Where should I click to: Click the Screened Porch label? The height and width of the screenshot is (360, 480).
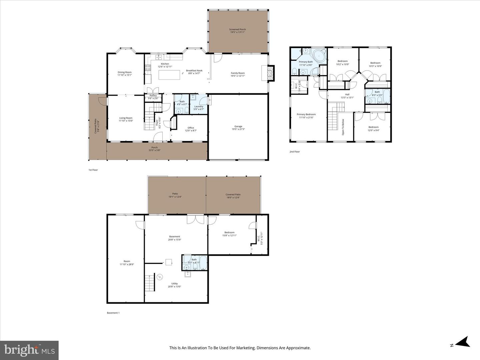pos(237,30)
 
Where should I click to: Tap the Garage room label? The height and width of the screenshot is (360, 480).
pos(238,127)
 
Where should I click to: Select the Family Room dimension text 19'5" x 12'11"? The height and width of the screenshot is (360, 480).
pos(238,76)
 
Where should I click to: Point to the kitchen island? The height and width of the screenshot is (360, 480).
pos(169,75)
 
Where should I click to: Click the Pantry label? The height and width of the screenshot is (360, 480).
pos(153,96)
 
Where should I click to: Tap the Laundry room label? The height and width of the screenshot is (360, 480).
pos(199,107)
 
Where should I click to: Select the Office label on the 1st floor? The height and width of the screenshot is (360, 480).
pos(191,128)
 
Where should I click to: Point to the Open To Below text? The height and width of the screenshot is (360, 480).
pos(343,127)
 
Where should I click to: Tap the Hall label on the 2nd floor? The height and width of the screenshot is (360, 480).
pos(347,95)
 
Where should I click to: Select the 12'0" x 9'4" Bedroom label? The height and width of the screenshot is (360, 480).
pos(373,127)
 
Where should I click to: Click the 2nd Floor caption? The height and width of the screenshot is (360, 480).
pos(295,152)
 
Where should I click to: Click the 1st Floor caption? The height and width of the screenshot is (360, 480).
pos(93,170)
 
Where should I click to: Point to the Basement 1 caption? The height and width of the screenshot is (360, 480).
pos(113,313)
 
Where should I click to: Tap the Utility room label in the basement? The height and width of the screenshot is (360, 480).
pos(174,284)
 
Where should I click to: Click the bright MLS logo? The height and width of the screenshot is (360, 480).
pos(29,350)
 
